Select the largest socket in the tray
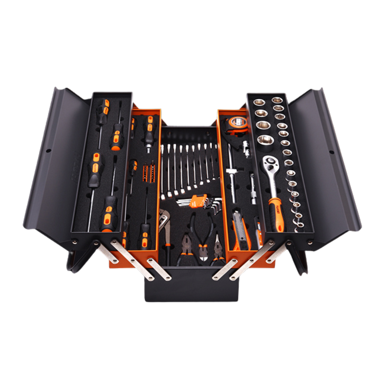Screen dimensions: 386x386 coord(265,139)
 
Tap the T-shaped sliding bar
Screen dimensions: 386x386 coord(232,175)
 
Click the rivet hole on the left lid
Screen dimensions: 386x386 coord(48,150)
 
